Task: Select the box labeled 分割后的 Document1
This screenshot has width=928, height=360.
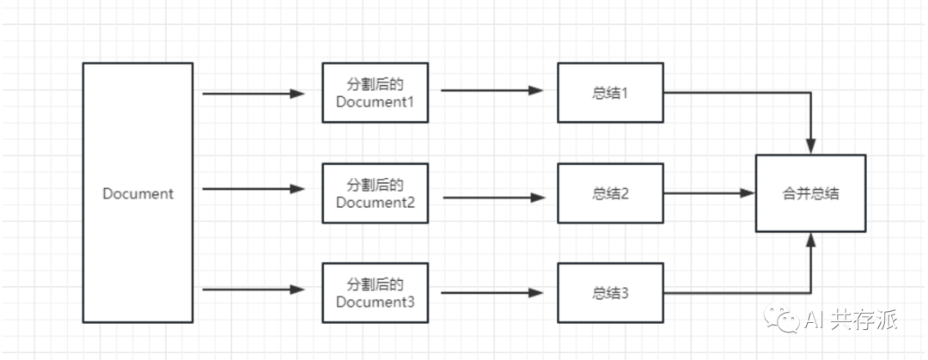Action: (375, 93)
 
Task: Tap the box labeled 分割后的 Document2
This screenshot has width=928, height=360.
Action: (375, 194)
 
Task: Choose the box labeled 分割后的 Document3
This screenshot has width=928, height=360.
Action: (375, 294)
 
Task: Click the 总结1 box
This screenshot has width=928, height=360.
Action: (610, 92)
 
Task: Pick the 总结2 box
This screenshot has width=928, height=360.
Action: (610, 193)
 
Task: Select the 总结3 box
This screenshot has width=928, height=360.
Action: (610, 294)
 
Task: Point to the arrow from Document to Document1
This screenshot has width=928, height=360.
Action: (253, 94)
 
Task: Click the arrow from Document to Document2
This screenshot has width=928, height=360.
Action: (253, 189)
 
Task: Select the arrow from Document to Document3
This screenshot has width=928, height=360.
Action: (253, 290)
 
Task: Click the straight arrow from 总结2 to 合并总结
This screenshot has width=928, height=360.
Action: (709, 193)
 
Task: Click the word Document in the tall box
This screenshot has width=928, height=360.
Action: (137, 193)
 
